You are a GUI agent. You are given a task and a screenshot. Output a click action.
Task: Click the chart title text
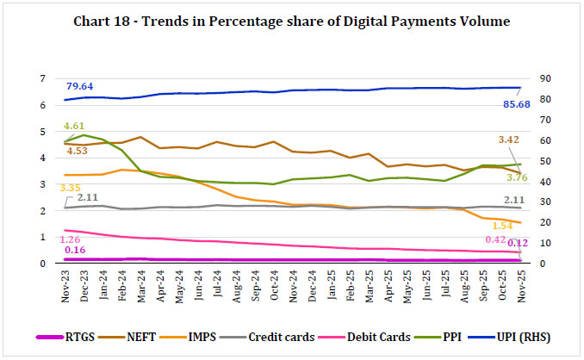click(x=291, y=22)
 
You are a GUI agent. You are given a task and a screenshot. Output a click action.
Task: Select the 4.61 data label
click(x=76, y=127)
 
